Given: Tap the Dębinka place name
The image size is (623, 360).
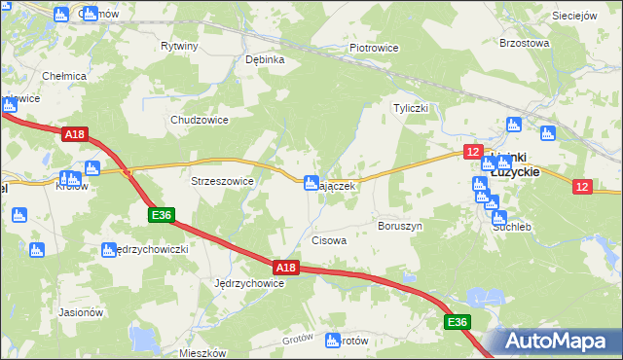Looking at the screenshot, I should pos(265,59).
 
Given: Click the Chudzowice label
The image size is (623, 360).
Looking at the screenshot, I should pos(199,120).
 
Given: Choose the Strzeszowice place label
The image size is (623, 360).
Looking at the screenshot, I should pos(222,181).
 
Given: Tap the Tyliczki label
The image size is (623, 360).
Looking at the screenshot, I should pos(410,108).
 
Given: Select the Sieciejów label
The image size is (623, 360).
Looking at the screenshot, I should pos(573,16).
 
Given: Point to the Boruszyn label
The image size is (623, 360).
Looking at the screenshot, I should pos(400,226).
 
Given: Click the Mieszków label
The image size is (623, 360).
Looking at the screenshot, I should pos(203,353).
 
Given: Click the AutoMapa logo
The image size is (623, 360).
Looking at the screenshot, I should pos(552,342).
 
